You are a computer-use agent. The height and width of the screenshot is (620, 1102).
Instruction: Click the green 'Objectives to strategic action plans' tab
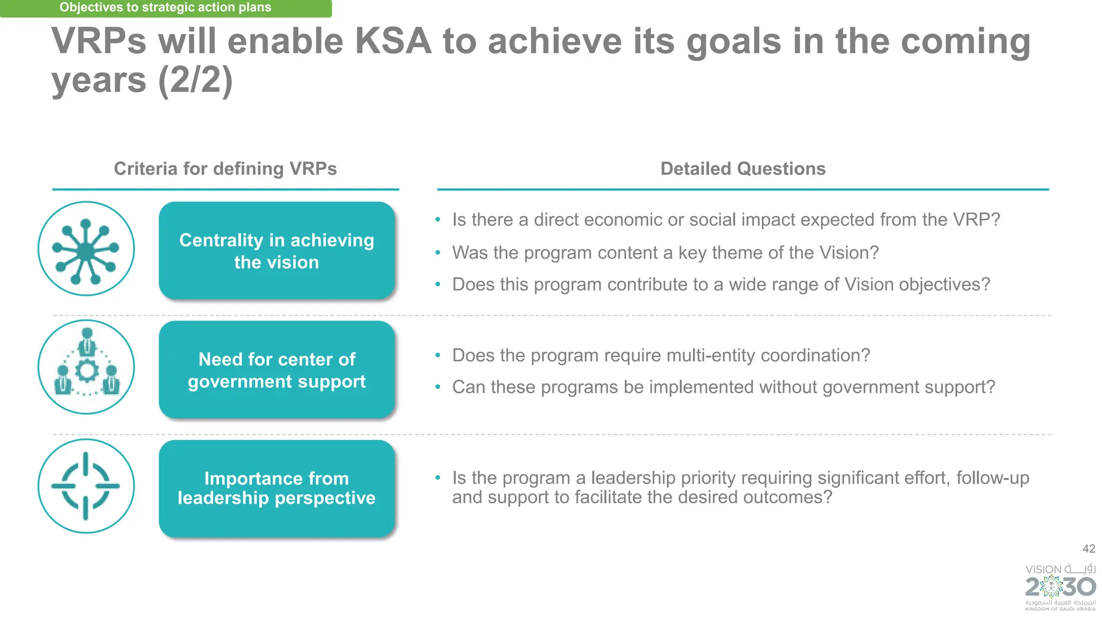coord(165,8)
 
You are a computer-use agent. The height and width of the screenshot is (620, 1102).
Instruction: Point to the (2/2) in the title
coord(195,81)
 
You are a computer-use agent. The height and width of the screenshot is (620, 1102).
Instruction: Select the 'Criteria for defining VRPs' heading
coord(225,169)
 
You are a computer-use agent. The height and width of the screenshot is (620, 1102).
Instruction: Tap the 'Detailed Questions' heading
coord(743,169)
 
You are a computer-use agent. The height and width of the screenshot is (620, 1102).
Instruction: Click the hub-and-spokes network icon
coord(86,249)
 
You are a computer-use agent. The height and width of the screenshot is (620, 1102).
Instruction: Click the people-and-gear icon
coord(86,367)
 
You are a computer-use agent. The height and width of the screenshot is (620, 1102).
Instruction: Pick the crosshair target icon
coord(86,486)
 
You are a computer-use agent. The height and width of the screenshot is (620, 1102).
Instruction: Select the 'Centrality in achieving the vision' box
coord(277,251)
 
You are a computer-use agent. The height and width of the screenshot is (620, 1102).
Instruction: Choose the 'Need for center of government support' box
coord(277,370)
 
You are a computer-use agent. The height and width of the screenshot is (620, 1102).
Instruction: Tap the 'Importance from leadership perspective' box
coord(277,488)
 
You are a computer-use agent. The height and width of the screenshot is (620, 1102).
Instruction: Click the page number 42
coord(1089,549)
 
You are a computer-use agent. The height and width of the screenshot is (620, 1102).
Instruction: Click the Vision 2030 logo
coord(1060,587)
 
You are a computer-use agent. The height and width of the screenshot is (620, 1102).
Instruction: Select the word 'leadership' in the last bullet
coord(633,478)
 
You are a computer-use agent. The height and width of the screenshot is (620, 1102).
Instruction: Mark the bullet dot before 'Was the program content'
coord(438,253)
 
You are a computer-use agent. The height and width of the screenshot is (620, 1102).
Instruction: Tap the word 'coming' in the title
coord(965,41)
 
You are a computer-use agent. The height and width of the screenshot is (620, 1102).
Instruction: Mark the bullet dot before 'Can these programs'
coord(438,387)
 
